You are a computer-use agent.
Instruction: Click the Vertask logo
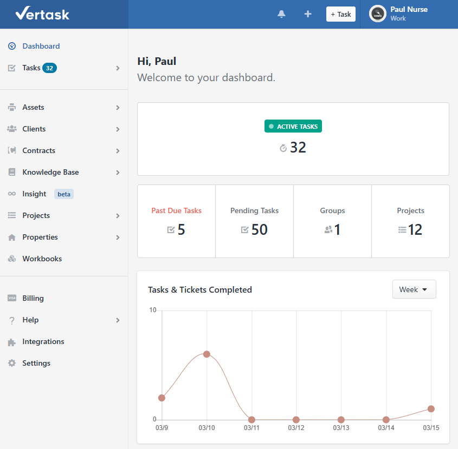(42, 14)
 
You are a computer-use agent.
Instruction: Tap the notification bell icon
(281, 14)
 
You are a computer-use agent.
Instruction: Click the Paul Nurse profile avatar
(378, 14)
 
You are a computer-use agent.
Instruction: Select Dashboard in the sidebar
(41, 46)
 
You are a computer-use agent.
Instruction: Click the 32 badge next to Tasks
(49, 68)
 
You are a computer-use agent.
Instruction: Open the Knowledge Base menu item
(50, 172)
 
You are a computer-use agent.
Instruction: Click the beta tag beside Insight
(64, 194)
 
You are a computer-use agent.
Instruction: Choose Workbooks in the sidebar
(42, 259)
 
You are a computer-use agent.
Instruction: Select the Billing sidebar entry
(33, 298)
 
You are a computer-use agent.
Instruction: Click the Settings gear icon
(12, 363)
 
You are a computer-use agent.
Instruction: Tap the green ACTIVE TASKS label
(293, 127)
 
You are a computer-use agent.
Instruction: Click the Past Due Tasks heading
(176, 210)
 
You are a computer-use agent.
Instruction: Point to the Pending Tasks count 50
(259, 229)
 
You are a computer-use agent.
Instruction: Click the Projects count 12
(415, 229)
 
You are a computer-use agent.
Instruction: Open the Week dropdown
(414, 289)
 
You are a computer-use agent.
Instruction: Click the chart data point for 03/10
(207, 354)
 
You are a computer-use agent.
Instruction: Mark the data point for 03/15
(431, 408)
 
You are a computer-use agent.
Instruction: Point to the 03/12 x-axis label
(296, 428)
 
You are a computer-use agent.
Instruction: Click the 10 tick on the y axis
(153, 310)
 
